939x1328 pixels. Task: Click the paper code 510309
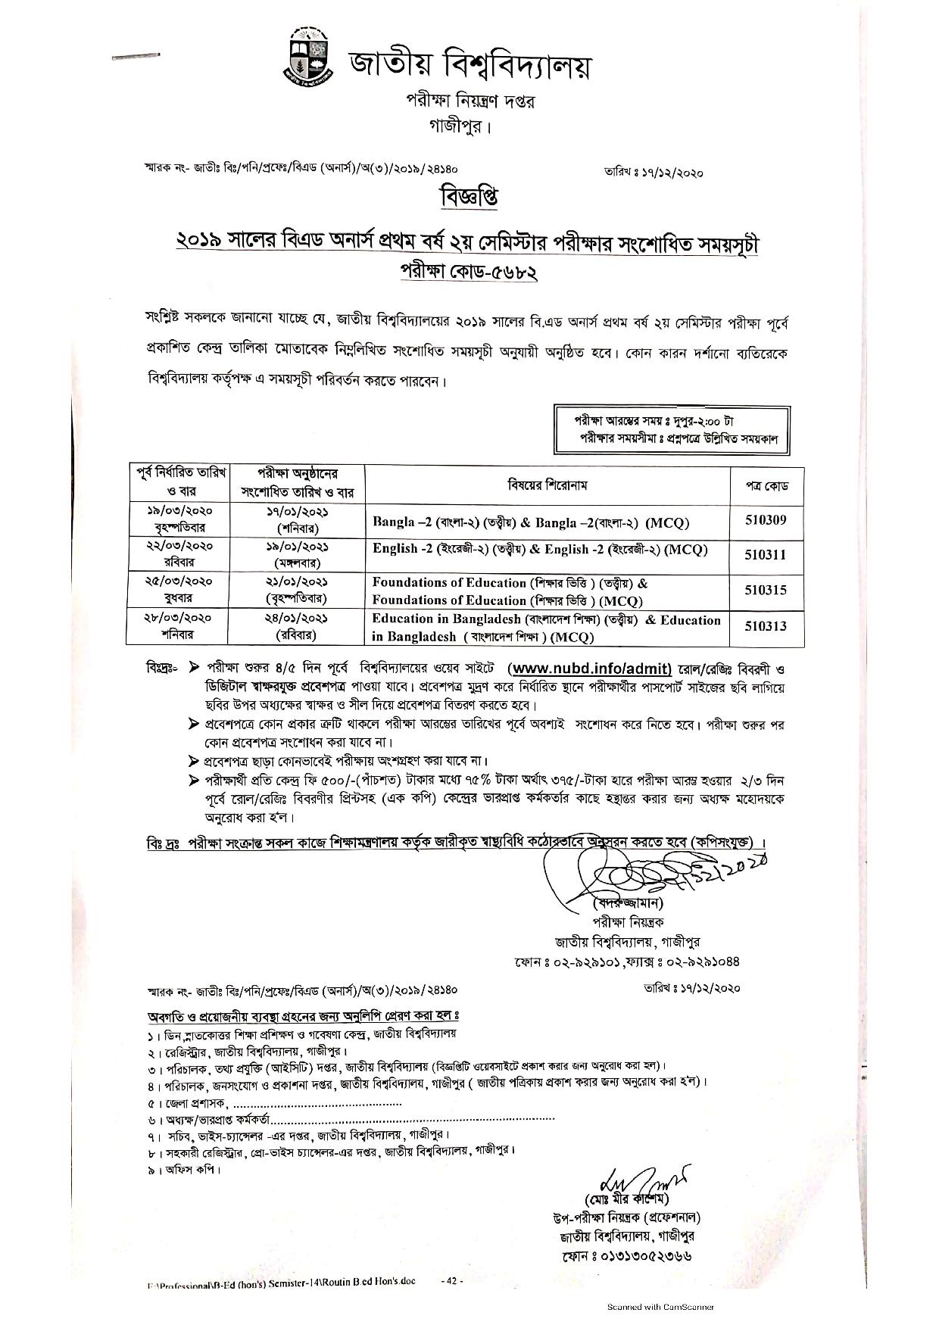coord(765,520)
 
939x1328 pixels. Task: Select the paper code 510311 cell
coord(765,555)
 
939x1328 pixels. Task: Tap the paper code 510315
coord(765,591)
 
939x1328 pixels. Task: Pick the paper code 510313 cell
coord(765,626)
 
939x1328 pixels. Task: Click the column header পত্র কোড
coord(765,485)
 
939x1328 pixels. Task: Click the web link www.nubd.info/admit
coord(591,668)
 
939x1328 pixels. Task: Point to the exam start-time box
coord(671,429)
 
